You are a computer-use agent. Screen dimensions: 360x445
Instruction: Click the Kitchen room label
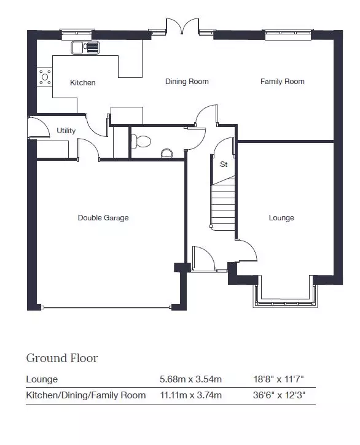(83, 83)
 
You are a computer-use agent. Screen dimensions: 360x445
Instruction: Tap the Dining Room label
(187, 82)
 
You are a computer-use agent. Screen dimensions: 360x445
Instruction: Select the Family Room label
(283, 82)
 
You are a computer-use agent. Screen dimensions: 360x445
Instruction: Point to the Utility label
(66, 131)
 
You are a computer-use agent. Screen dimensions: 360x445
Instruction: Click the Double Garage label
(103, 218)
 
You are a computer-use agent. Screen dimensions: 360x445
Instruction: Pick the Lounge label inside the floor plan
(281, 218)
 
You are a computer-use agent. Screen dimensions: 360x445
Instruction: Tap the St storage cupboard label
(224, 164)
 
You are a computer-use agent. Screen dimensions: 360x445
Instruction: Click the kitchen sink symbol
(85, 47)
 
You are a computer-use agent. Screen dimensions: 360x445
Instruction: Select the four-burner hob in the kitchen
(45, 77)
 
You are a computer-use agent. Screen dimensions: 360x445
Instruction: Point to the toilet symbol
(141, 141)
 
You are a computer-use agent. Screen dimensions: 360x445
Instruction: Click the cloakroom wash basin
(167, 153)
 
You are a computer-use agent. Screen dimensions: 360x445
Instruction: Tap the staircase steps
(223, 205)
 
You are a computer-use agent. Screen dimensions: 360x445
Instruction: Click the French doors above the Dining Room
(182, 26)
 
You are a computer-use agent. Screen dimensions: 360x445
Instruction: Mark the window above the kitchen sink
(77, 34)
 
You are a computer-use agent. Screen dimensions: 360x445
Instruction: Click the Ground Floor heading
(62, 358)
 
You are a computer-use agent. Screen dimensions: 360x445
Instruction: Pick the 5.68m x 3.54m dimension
(190, 379)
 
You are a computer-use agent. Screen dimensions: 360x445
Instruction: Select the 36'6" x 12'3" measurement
(279, 395)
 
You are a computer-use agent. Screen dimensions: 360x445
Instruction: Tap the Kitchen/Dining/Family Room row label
(86, 395)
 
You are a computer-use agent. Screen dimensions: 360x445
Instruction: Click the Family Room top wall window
(287, 34)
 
